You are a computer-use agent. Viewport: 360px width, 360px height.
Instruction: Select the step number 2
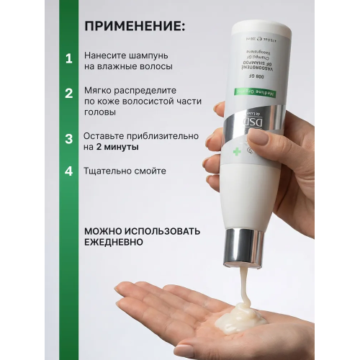[68, 94]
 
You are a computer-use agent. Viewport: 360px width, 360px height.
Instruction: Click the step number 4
[68, 171]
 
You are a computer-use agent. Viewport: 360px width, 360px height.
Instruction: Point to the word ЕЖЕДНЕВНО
[113, 243]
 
